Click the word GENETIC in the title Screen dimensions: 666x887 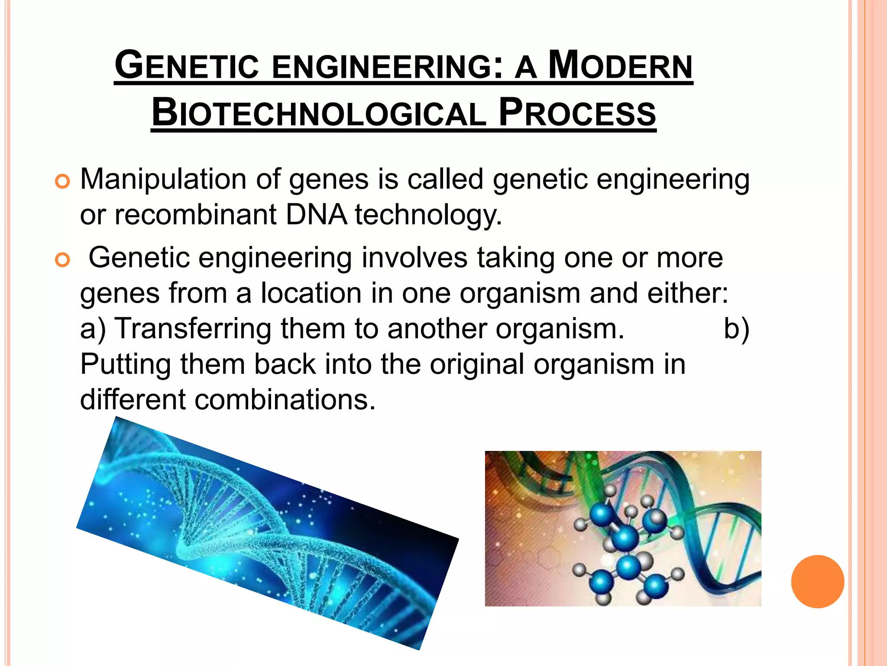tap(187, 66)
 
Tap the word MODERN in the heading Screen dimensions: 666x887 tap(620, 66)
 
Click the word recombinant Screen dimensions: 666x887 tap(195, 215)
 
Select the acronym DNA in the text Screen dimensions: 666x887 tap(316, 215)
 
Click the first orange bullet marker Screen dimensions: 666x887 tap(62, 181)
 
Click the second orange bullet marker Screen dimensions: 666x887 tap(62, 260)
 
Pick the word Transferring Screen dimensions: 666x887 tap(193, 329)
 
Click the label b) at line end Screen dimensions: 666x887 tap(736, 329)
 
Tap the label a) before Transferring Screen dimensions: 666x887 tap(93, 329)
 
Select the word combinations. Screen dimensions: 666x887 tap(285, 400)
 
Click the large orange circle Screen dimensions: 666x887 tap(817, 581)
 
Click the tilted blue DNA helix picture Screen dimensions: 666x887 tap(267, 533)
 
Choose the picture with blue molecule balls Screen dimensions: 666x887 tap(623, 528)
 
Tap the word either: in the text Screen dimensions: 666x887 tap(688, 294)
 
